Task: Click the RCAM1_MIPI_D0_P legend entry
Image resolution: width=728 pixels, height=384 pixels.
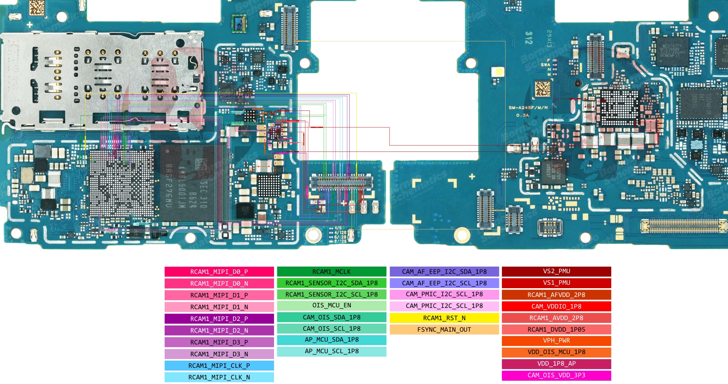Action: (219, 272)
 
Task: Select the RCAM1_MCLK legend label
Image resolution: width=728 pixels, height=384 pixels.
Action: (331, 271)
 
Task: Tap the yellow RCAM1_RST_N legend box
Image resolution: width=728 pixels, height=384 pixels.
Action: (444, 318)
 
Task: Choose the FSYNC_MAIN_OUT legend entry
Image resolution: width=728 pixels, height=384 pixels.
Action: (444, 330)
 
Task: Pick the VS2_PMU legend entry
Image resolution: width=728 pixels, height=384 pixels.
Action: (556, 271)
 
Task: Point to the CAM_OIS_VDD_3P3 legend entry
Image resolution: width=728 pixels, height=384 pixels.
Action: (556, 375)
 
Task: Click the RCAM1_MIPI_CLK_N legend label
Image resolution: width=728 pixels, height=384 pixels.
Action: (219, 377)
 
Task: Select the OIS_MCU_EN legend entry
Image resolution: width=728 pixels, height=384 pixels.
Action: (331, 305)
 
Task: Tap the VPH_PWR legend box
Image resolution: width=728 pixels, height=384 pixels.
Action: (556, 340)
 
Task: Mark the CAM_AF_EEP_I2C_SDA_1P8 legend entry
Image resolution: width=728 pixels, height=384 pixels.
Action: (444, 271)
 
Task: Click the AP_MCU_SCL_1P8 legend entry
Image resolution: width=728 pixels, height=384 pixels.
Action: (331, 351)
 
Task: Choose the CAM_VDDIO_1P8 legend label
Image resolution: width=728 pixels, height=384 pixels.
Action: (556, 306)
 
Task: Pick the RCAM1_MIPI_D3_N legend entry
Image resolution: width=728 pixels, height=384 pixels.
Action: (219, 354)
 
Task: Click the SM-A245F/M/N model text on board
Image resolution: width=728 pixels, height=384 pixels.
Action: (528, 108)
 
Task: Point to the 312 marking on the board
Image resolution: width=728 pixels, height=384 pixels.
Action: (528, 38)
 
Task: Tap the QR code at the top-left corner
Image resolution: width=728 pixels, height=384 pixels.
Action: (37, 8)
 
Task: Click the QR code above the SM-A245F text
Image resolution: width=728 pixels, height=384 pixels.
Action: (543, 89)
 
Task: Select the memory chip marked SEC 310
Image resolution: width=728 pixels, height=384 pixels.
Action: (187, 183)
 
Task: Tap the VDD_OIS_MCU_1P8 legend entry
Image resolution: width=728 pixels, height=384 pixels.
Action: (556, 352)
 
